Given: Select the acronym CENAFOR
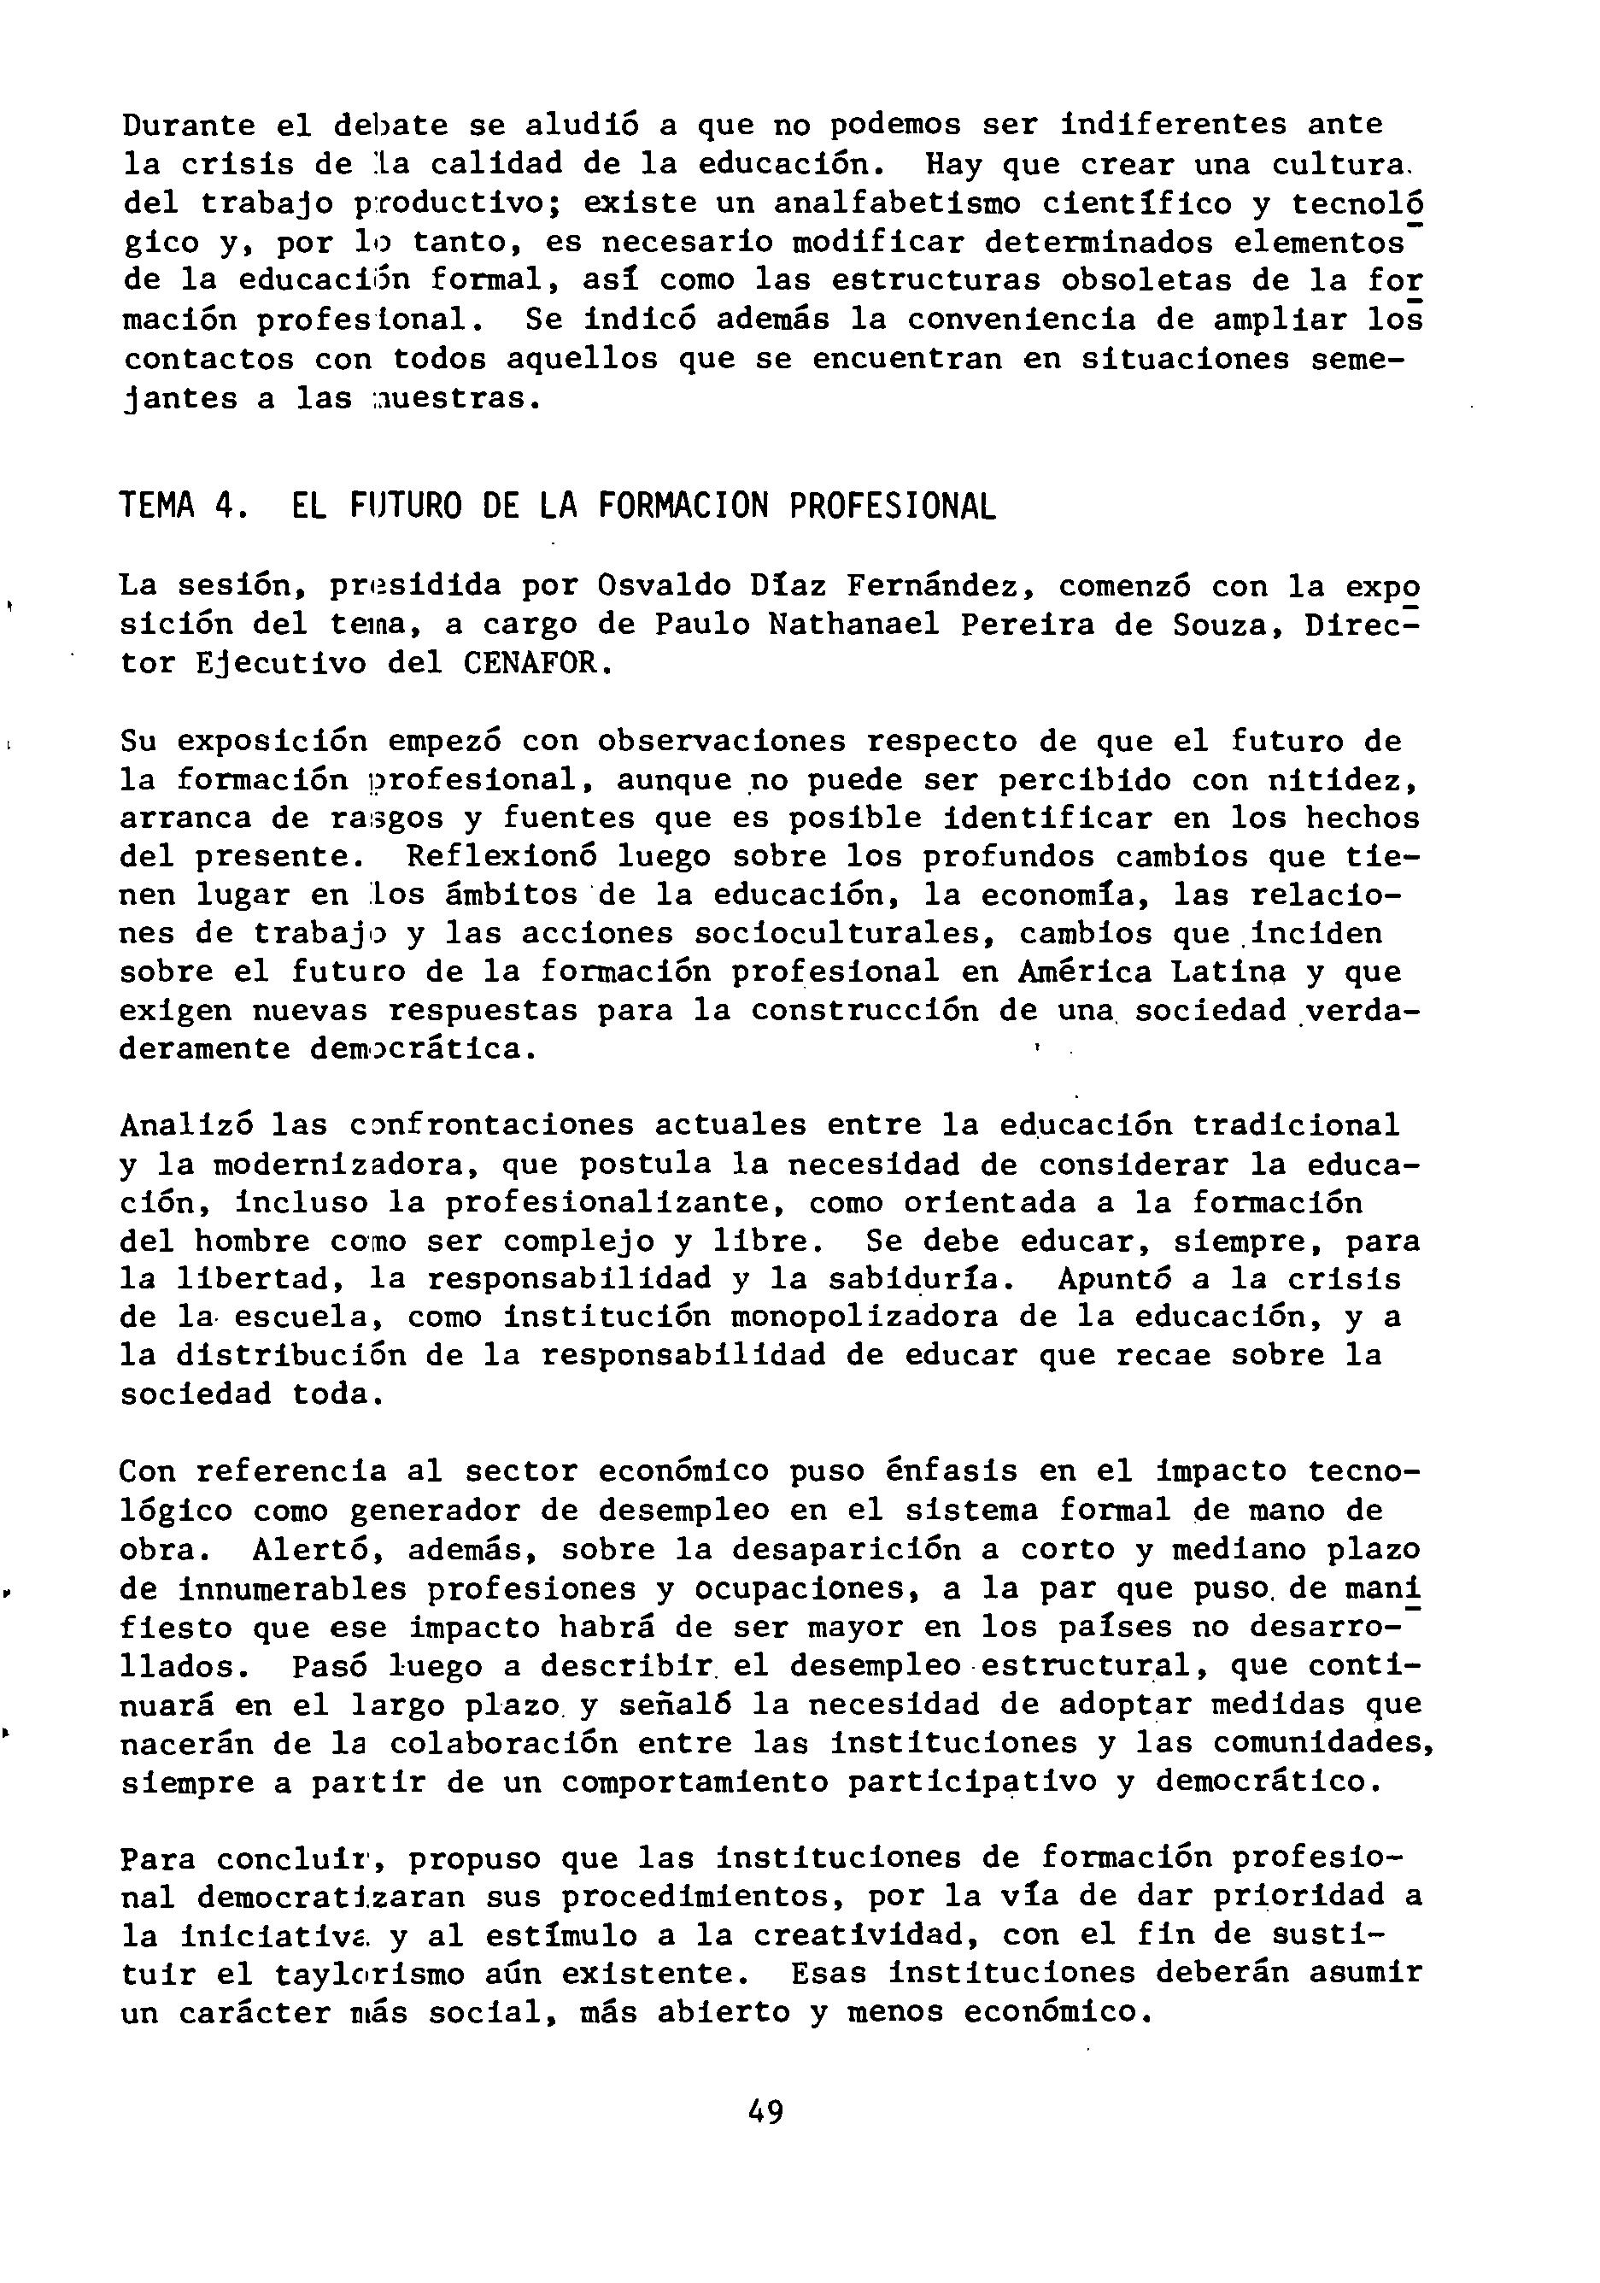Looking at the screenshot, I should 534,663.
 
